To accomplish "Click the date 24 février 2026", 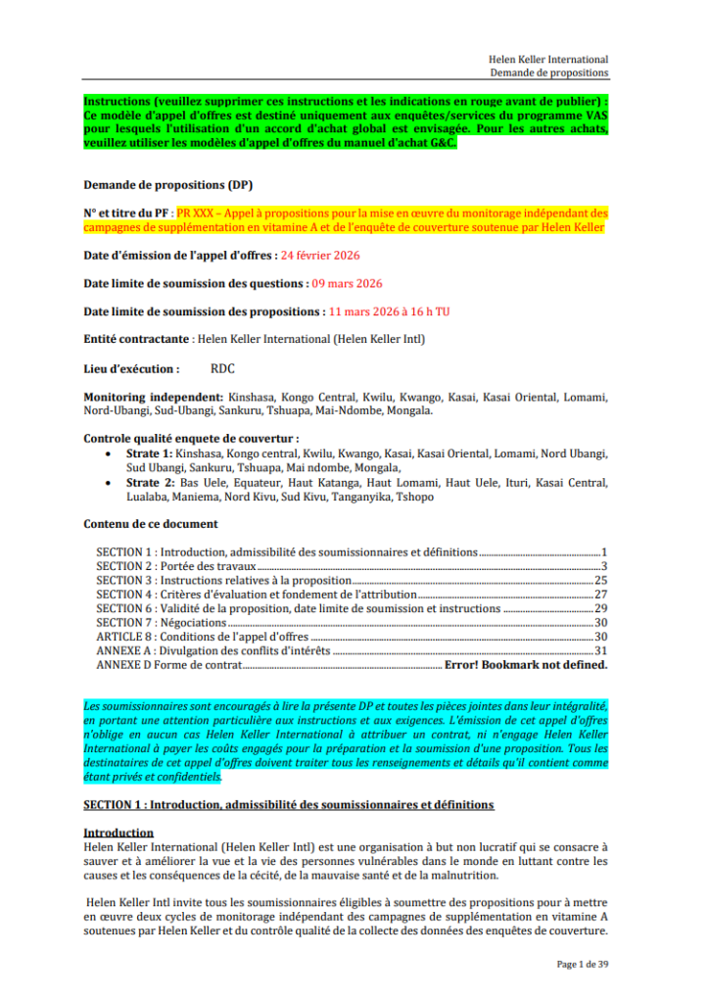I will pos(320,256).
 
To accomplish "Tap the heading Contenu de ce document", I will pos(150,524).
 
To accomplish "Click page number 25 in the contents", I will pos(601,580).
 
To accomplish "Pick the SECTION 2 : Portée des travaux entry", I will pos(176,566).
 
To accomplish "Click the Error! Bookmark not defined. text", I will pos(526,665).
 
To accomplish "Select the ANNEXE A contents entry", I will pos(213,650).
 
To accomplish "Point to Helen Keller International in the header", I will pos(548,60).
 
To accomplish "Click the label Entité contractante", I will pos(137,339).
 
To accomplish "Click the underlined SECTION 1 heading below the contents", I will pos(288,804).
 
